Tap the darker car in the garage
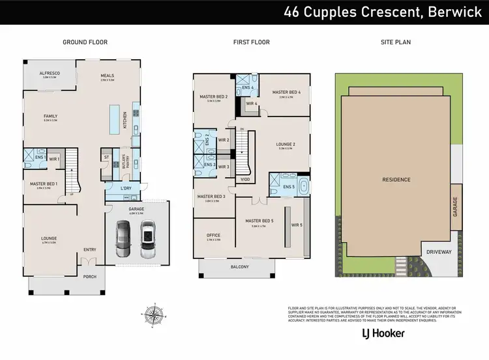pos(123,240)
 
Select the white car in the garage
pos(147,239)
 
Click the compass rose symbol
pos(153,316)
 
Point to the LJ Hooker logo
pos(383,333)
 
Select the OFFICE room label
pos(213,236)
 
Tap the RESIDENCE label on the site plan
pos(395,179)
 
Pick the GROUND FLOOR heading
pos(85,42)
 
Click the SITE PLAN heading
pos(395,42)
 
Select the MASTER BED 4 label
pos(286,92)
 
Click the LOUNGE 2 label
pos(286,144)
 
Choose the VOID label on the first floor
pos(245,179)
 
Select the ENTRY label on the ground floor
pos(89,249)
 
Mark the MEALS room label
pos(107,76)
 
